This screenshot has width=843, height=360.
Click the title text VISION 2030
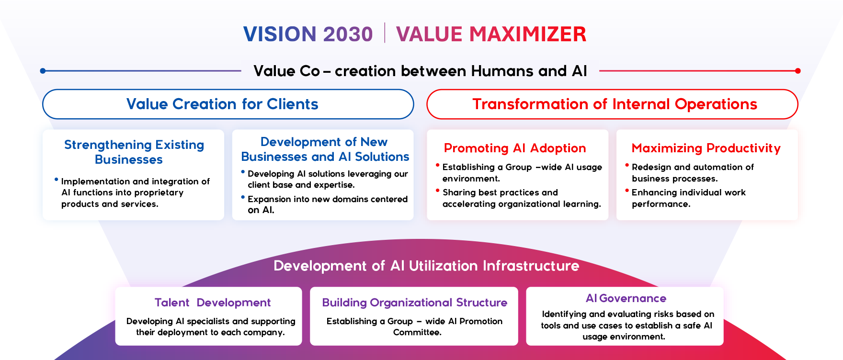click(308, 34)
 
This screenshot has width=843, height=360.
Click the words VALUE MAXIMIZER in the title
click(491, 34)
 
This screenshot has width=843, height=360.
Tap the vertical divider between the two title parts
click(385, 33)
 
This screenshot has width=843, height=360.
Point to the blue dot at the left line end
click(43, 71)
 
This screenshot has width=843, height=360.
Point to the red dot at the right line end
click(797, 71)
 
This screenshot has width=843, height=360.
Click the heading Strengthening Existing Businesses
click(134, 152)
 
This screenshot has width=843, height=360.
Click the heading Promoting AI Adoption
click(515, 148)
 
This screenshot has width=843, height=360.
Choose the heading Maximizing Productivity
click(706, 148)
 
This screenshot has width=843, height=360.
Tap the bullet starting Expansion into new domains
click(327, 204)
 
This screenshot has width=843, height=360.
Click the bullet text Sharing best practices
click(521, 198)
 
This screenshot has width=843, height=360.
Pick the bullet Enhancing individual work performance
click(688, 198)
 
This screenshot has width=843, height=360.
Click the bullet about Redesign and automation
click(692, 173)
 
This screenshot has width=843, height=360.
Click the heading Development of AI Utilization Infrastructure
click(426, 266)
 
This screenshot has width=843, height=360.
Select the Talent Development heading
click(213, 303)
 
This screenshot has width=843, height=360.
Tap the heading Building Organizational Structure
click(414, 303)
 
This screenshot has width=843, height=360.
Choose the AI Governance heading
click(626, 298)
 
